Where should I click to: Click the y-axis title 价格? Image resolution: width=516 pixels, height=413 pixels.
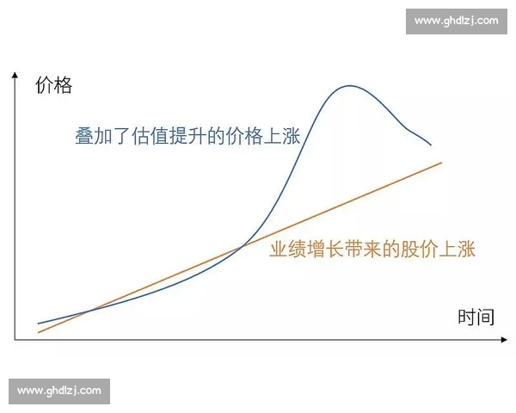point(53,85)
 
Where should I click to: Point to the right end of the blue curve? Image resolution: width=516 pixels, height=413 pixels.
point(431,145)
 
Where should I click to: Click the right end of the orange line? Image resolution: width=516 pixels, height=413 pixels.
point(441,162)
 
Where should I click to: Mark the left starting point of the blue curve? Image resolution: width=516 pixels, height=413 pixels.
point(39,324)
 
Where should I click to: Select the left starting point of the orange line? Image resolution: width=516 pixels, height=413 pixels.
point(39,332)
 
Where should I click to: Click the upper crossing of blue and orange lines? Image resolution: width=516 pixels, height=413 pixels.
point(243,247)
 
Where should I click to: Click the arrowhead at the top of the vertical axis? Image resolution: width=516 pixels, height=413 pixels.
point(15,77)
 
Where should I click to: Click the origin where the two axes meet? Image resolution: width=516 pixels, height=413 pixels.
point(15,340)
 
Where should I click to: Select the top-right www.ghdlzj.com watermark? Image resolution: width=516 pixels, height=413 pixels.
point(456,20)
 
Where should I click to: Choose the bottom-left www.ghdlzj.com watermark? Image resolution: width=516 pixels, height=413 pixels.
point(59,391)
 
